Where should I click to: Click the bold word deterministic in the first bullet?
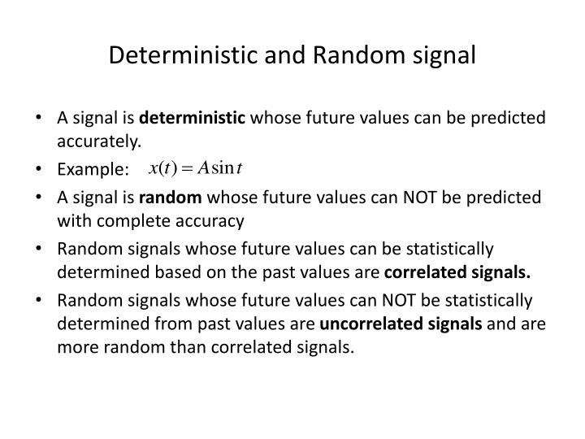pos(192,119)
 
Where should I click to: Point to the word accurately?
pos(99,141)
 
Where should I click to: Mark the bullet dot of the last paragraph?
pos(41,302)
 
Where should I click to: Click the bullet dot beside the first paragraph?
pos(41,119)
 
